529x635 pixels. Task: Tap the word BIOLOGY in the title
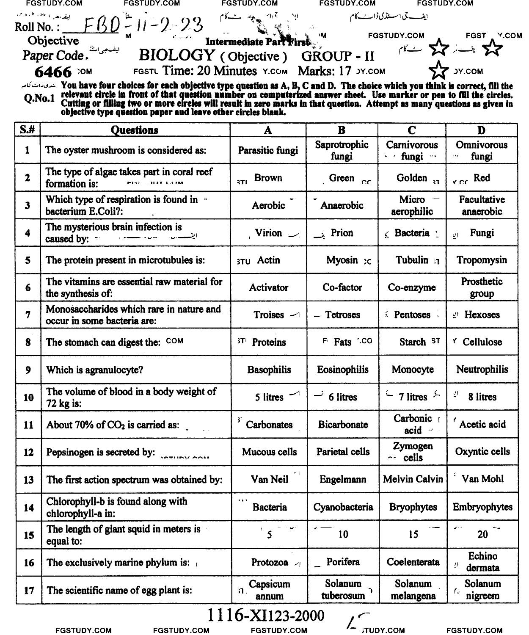[x=176, y=55]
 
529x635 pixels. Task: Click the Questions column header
[x=135, y=130]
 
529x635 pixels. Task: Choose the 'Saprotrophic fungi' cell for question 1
[x=342, y=150]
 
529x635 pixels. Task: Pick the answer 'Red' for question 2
[x=482, y=178]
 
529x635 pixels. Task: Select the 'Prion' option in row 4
[x=342, y=233]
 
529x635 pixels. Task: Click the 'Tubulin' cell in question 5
[x=412, y=260]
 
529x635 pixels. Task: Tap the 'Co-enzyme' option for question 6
[x=412, y=287]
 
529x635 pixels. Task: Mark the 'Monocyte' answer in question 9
[x=413, y=369]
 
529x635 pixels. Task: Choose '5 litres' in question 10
[x=269, y=397]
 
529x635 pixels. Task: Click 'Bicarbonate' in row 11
[x=343, y=424]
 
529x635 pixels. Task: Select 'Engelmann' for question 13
[x=343, y=479]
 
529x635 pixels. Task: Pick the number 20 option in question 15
[x=482, y=535]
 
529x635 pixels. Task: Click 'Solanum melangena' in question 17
[x=413, y=590]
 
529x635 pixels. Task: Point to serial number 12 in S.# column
[x=28, y=452]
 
